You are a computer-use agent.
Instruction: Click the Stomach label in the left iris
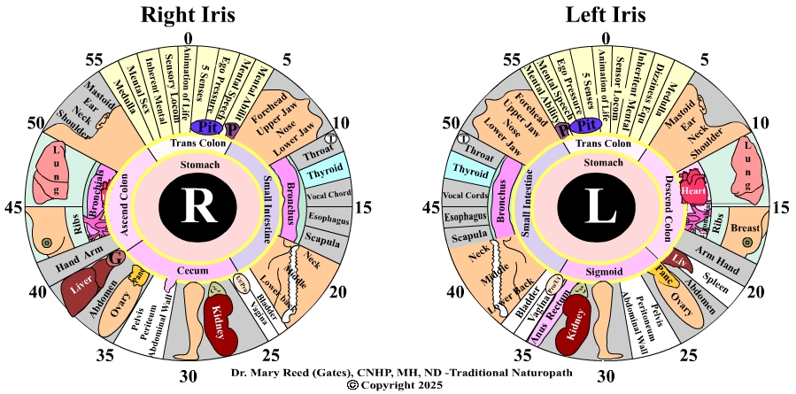606,163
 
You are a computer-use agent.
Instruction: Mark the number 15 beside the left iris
781,208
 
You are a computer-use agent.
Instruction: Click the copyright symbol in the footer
352,386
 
